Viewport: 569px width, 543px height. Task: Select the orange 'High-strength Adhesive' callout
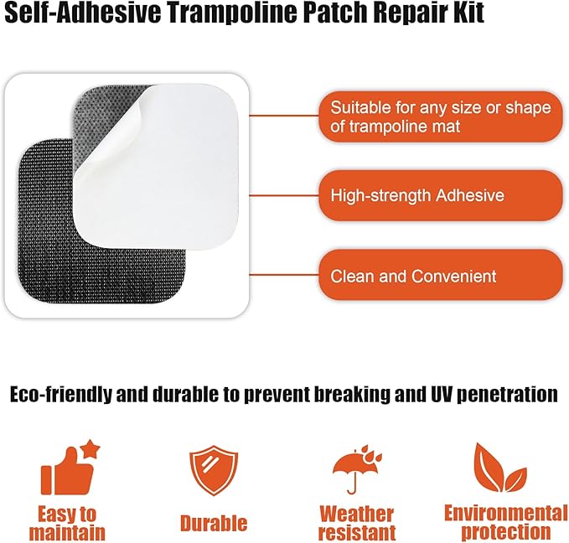click(x=440, y=196)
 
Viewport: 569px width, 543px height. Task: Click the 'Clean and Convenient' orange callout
click(x=440, y=276)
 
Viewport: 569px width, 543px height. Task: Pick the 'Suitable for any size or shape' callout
click(x=440, y=117)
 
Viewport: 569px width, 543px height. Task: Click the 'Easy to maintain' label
click(x=67, y=523)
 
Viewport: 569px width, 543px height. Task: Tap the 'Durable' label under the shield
click(x=214, y=524)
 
